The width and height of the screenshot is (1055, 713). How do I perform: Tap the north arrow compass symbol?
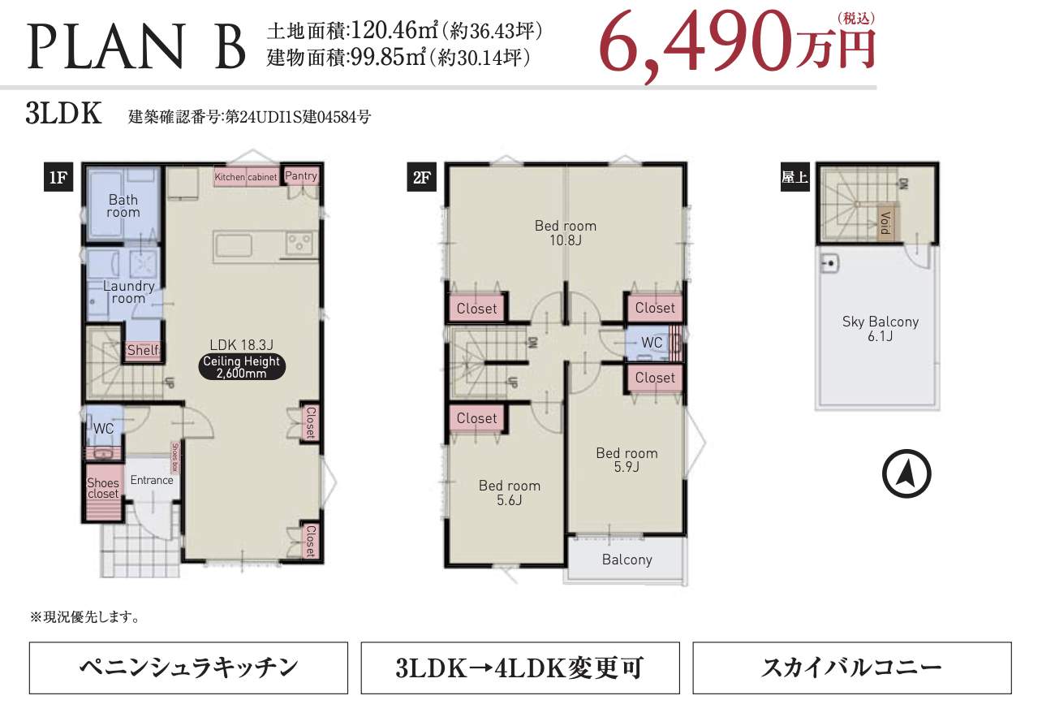click(x=906, y=473)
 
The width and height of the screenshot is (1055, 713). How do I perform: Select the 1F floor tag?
click(x=58, y=178)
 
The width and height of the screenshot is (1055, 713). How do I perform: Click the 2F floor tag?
click(x=420, y=178)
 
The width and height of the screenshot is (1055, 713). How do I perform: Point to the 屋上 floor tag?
click(x=794, y=178)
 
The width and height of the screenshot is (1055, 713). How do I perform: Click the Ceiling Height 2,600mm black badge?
click(x=241, y=367)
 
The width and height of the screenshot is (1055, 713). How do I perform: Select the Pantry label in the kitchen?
click(x=301, y=176)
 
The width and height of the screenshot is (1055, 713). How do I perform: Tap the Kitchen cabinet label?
click(x=246, y=177)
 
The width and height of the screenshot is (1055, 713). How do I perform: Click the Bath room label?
click(x=123, y=206)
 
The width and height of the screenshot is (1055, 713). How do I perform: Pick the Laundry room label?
click(x=128, y=292)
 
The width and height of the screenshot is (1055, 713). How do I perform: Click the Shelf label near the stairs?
click(x=143, y=350)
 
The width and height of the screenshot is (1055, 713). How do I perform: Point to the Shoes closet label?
click(x=103, y=488)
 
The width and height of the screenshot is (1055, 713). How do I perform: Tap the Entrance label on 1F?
click(x=152, y=480)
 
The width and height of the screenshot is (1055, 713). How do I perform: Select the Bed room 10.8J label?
click(x=565, y=232)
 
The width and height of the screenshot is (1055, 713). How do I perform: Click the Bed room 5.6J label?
click(x=509, y=492)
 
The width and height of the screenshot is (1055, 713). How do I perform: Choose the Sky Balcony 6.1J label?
click(x=880, y=328)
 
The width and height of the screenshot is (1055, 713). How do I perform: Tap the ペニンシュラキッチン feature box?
click(x=188, y=668)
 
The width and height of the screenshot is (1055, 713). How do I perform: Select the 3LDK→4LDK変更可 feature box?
click(x=519, y=668)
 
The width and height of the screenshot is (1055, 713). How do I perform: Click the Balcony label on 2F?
click(x=627, y=560)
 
